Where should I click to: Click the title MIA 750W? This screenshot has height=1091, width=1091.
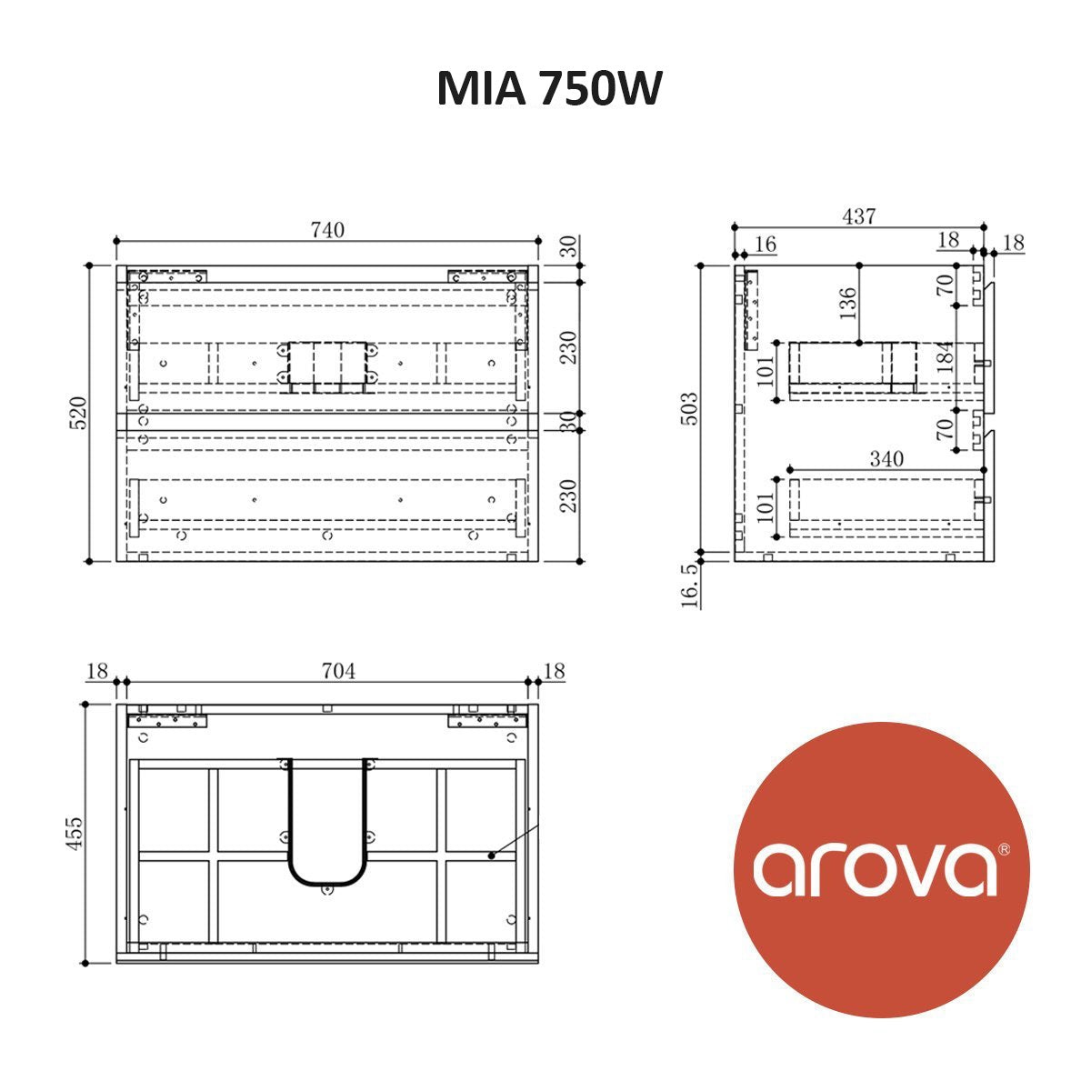click(x=549, y=89)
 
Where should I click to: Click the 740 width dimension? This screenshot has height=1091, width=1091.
click(x=327, y=230)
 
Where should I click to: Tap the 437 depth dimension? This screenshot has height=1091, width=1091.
click(x=858, y=216)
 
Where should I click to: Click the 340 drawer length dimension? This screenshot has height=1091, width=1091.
click(x=886, y=459)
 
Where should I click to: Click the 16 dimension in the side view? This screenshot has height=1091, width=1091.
click(x=766, y=244)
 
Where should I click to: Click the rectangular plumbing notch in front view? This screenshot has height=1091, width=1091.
click(x=327, y=367)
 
